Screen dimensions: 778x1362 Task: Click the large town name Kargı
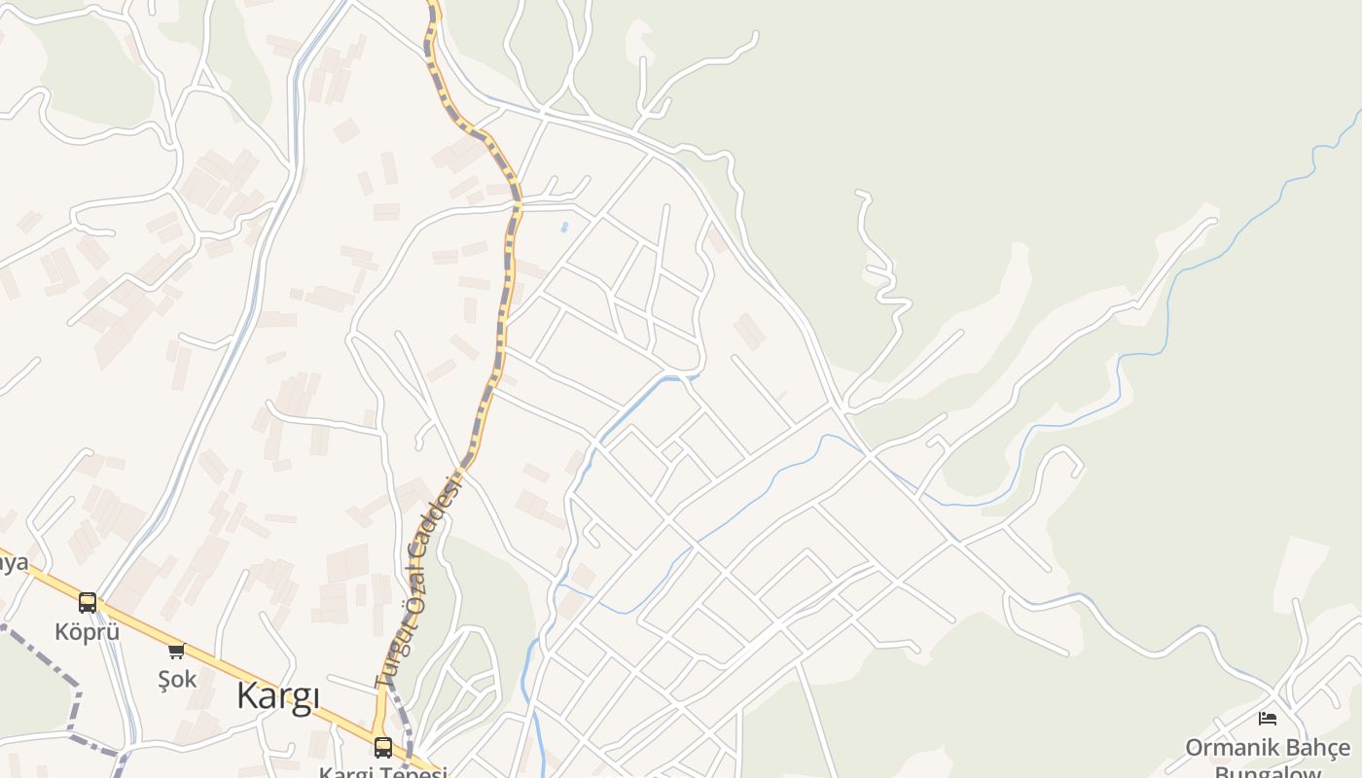coord(278,696)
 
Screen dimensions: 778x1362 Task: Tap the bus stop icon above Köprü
coord(88,603)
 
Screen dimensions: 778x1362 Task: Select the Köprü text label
coord(87,631)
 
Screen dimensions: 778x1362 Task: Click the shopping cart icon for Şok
coord(176,651)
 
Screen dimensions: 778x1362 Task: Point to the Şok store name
coord(177,679)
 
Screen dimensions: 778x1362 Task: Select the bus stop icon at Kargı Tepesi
coord(383,747)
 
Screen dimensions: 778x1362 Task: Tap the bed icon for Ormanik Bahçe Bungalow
coord(1267,719)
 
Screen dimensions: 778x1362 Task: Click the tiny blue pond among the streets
coord(564,228)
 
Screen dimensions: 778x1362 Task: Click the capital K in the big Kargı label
coord(249,696)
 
